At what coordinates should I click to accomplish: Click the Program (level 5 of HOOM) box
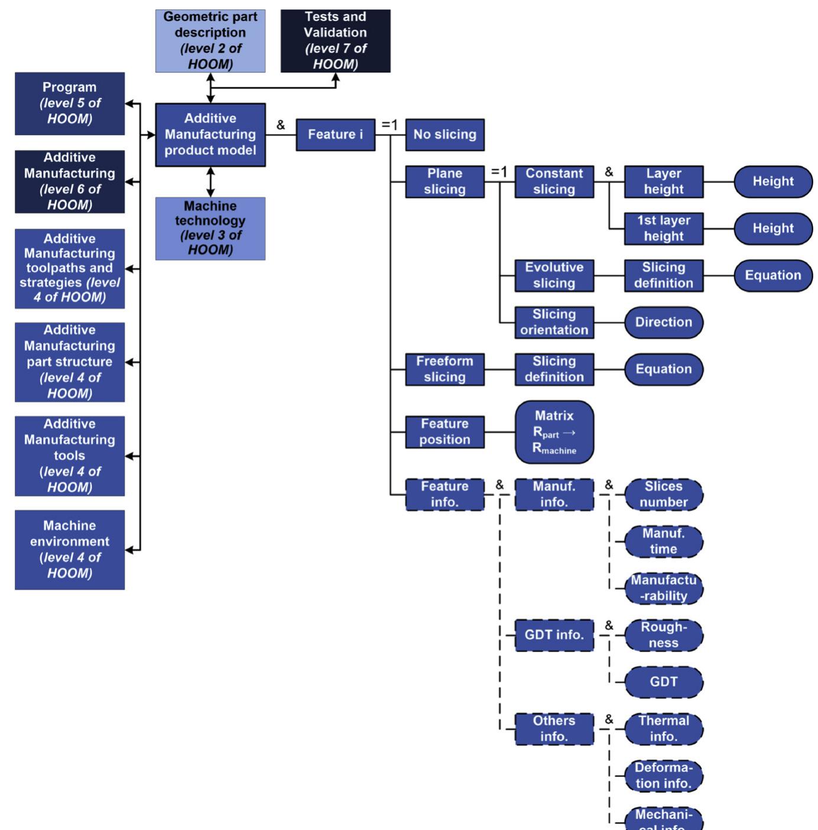pyautogui.click(x=70, y=103)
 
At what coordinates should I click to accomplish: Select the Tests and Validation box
pyautogui.click(x=335, y=41)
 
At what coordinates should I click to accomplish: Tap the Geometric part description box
pyautogui.click(x=210, y=41)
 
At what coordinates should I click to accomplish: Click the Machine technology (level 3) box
pyautogui.click(x=210, y=228)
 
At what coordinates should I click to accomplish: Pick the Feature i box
pyautogui.click(x=335, y=135)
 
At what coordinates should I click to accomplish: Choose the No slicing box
pyautogui.click(x=444, y=135)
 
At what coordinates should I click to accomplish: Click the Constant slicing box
pyautogui.click(x=554, y=181)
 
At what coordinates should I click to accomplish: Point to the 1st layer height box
pyautogui.click(x=663, y=228)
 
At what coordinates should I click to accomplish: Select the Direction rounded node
pyautogui.click(x=663, y=322)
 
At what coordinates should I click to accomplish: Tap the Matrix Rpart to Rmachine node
pyautogui.click(x=554, y=432)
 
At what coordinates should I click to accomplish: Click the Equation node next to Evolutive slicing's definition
pyautogui.click(x=772, y=275)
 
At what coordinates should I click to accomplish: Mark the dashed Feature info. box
pyautogui.click(x=444, y=495)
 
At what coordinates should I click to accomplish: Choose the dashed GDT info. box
pyautogui.click(x=554, y=635)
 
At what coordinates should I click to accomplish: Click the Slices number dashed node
pyautogui.click(x=663, y=495)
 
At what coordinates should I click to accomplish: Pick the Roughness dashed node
pyautogui.click(x=663, y=635)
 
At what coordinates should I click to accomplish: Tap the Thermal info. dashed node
pyautogui.click(x=663, y=729)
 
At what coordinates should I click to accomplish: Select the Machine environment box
pyautogui.click(x=70, y=550)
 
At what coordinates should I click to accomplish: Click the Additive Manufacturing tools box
pyautogui.click(x=70, y=456)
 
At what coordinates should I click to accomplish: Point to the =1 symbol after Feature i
pyautogui.click(x=389, y=125)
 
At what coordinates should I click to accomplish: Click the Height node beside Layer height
pyautogui.click(x=772, y=181)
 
